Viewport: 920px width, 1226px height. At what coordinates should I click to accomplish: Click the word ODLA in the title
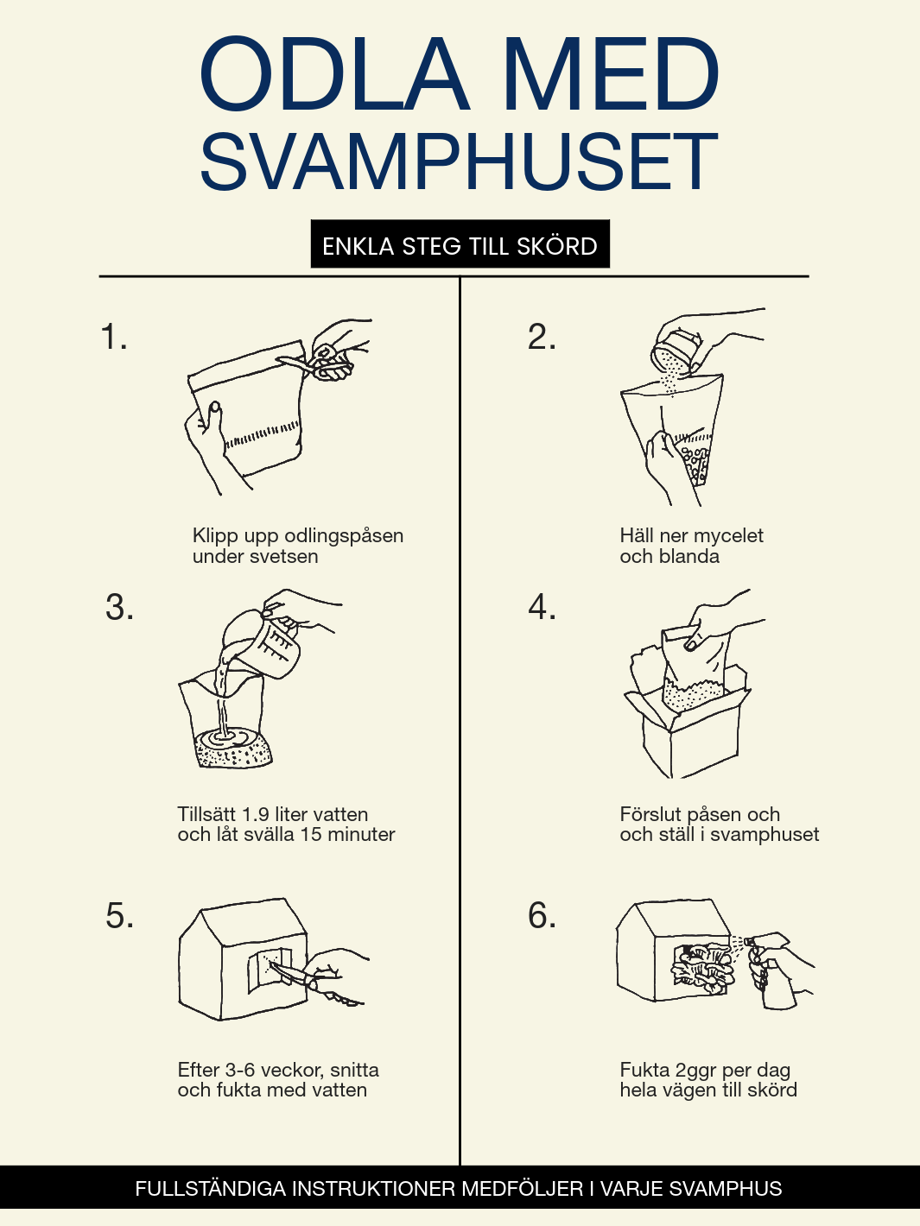click(x=334, y=73)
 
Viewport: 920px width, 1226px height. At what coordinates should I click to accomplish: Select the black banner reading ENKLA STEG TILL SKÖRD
click(x=460, y=243)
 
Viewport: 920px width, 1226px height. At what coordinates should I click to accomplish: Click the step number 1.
click(x=113, y=337)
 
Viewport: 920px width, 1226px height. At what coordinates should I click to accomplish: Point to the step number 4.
click(x=542, y=607)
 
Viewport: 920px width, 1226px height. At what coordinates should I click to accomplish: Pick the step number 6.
click(x=542, y=916)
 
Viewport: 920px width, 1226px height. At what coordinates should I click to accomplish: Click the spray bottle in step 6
click(x=772, y=970)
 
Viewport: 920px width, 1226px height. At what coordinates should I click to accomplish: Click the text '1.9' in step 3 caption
click(x=256, y=814)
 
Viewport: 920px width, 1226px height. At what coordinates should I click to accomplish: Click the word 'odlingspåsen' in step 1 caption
click(x=344, y=535)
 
